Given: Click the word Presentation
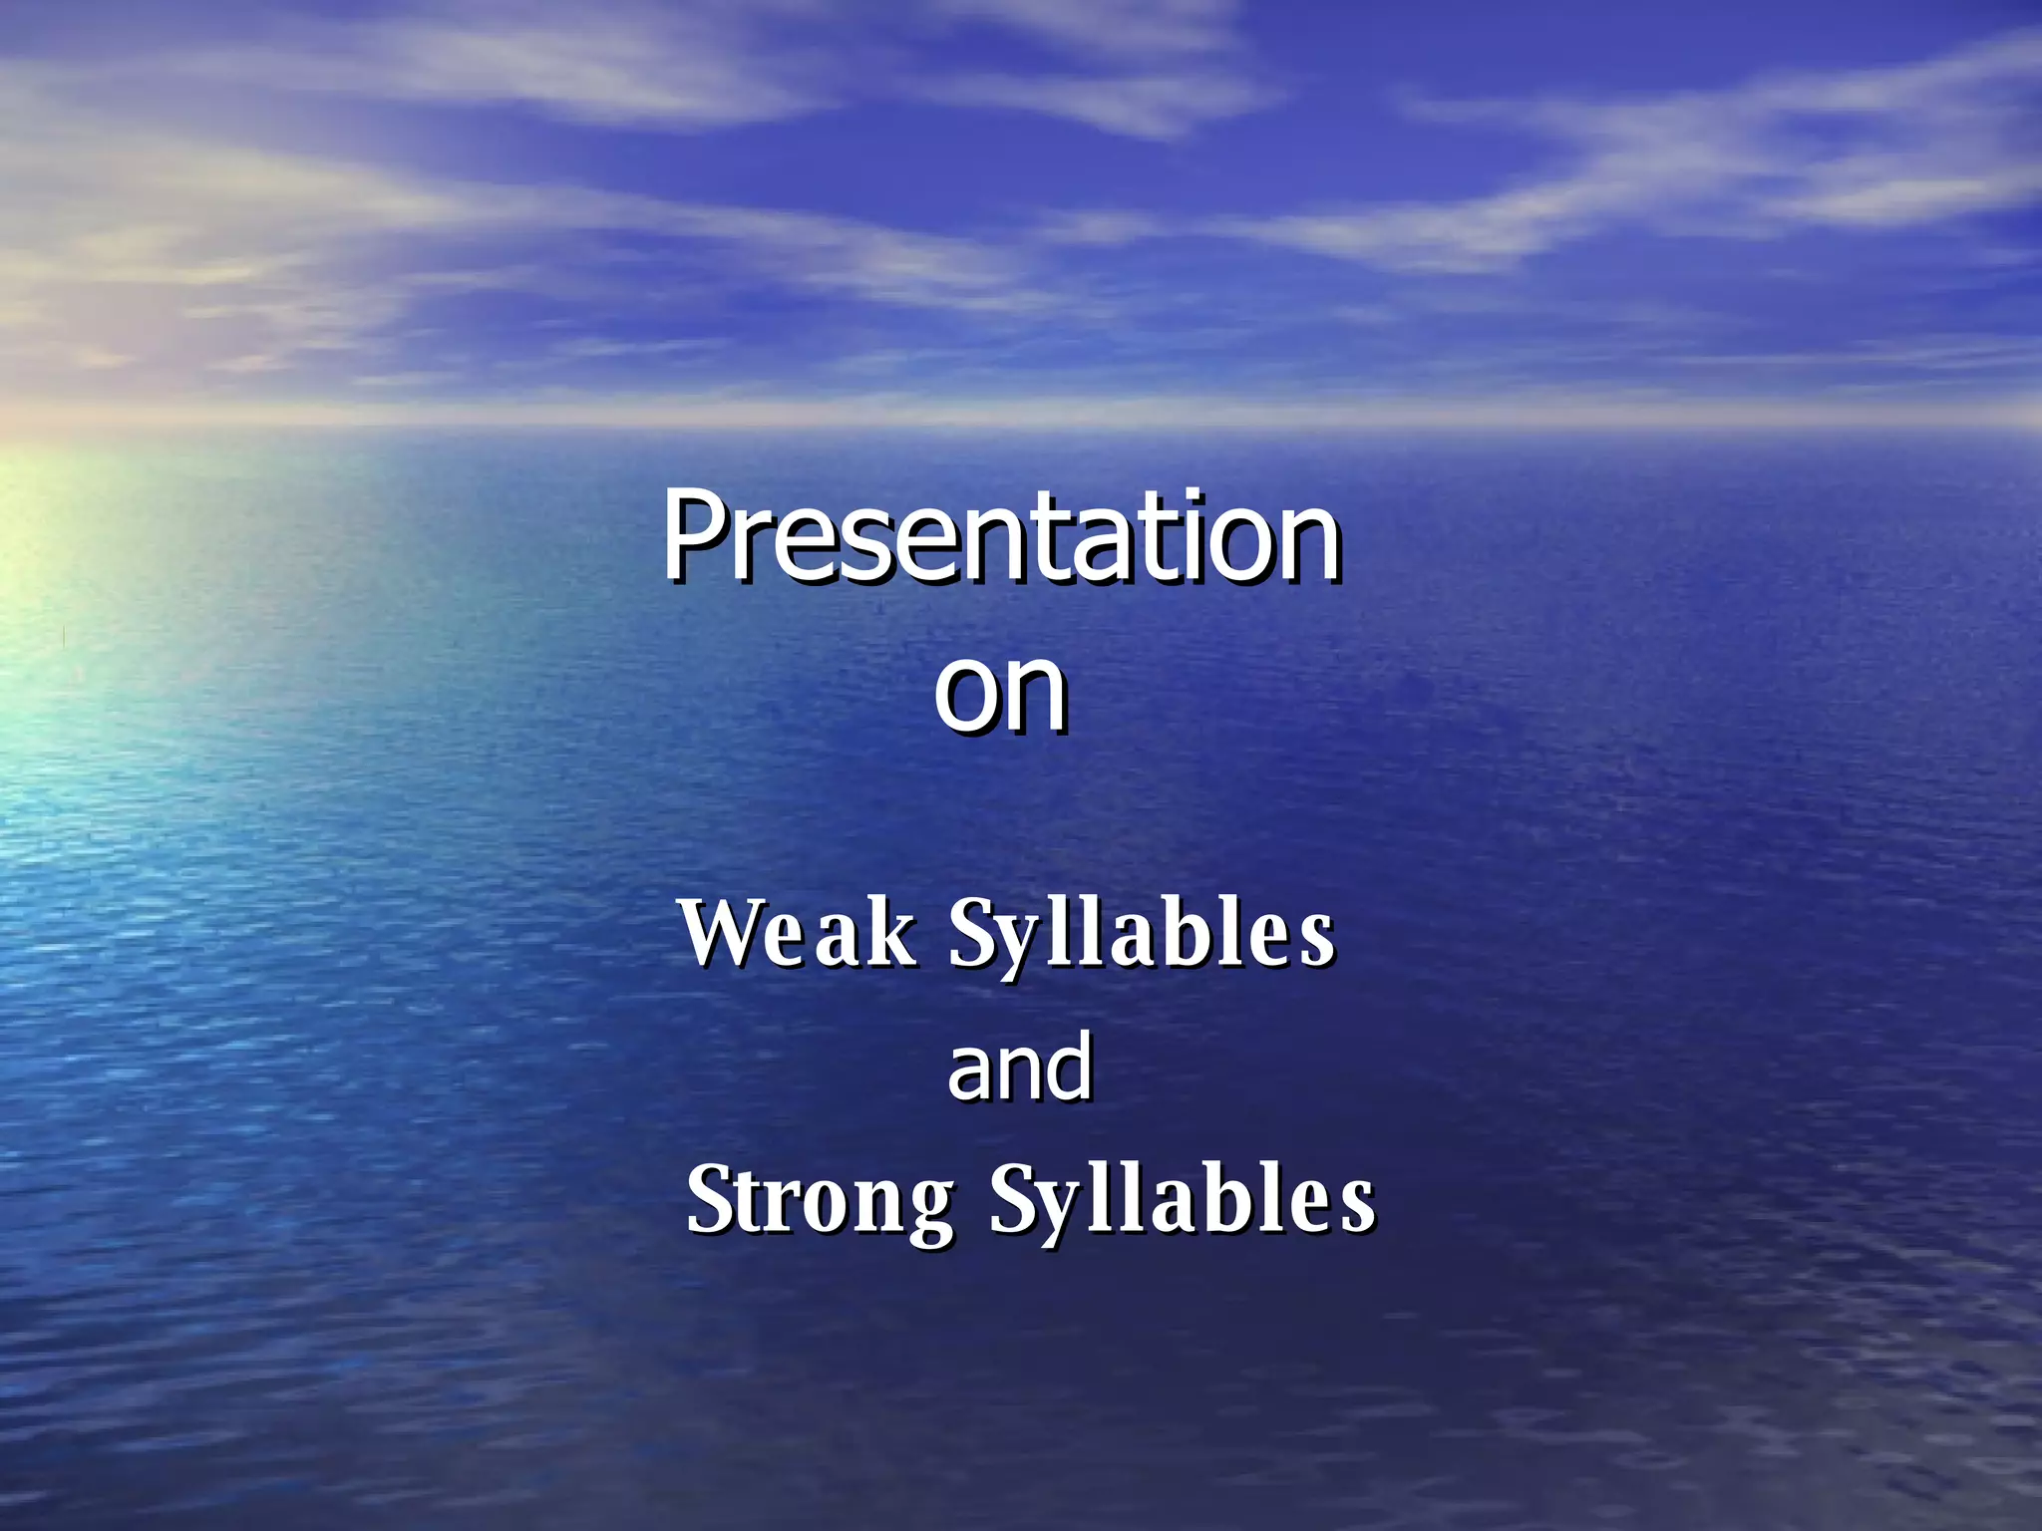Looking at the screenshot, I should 1001,538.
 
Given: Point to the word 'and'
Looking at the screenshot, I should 1019,1068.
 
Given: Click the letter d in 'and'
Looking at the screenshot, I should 1069,1065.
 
